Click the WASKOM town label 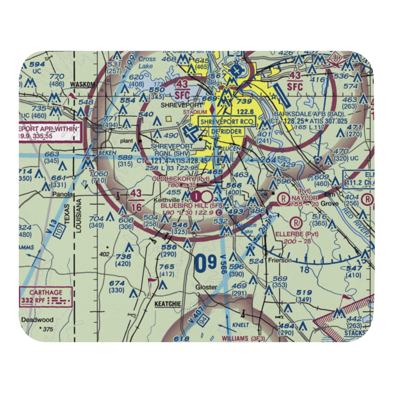coord(83,84)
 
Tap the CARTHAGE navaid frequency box coord(46,296)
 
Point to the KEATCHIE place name coord(168,304)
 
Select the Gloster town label coord(206,287)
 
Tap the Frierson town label coord(279,260)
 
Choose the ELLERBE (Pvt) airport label coord(302,234)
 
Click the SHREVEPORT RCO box coord(228,122)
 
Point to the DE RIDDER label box coord(228,130)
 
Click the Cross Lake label coord(147,62)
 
